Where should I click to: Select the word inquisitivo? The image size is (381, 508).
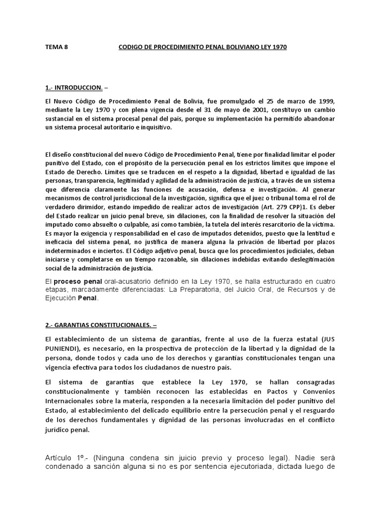point(155,127)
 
